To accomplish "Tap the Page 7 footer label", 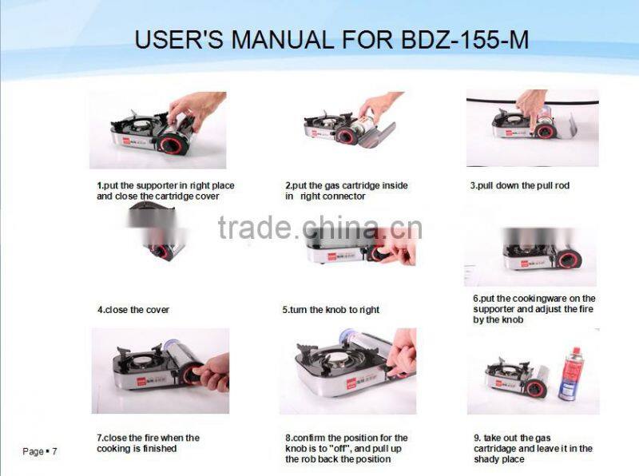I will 40,452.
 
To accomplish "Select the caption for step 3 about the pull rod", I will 519,185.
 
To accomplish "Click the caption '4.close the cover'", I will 133,310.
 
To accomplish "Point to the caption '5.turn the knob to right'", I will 331,310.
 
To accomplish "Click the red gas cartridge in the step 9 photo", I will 572,371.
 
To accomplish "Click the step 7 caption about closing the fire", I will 149,443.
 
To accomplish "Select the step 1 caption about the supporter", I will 166,190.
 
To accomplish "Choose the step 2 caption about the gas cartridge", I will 346,190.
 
